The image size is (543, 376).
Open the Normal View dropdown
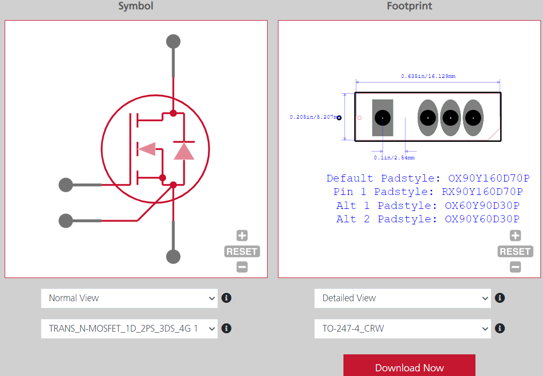pos(129,298)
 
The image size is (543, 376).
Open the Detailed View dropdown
pos(402,298)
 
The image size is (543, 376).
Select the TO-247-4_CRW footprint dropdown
pos(402,328)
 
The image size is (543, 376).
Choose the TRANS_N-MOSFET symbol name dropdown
pos(129,328)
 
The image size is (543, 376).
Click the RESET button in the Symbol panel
pos(242,252)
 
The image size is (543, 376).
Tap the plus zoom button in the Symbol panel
pos(242,236)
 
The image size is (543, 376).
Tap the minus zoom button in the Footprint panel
pos(515,267)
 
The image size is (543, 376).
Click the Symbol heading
pos(136,6)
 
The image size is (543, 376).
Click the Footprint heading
pos(409,6)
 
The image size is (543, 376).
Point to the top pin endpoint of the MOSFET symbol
pos(173,41)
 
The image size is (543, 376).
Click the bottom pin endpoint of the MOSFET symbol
pos(173,256)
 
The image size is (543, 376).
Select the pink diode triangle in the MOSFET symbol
pos(184,151)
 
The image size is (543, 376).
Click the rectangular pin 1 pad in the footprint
pos(383,118)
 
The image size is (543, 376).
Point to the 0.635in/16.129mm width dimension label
pos(428,76)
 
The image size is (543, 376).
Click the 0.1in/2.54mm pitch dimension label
pos(394,157)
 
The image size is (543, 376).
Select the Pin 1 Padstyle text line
pos(428,192)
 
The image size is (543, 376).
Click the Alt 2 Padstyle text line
pos(428,219)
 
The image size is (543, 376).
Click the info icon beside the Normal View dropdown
pos(226,298)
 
